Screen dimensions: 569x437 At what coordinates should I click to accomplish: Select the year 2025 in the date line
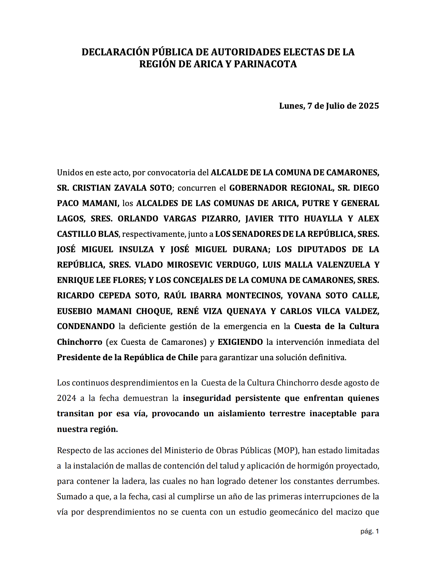[x=369, y=106]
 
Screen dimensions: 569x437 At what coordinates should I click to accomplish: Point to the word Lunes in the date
[x=291, y=106]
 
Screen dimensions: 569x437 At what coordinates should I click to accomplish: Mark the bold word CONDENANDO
[x=86, y=326]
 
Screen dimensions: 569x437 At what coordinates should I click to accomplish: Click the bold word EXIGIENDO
[x=240, y=342]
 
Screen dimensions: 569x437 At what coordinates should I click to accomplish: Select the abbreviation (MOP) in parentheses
[x=287, y=450]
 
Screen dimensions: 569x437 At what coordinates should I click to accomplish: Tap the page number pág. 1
[x=370, y=531]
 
